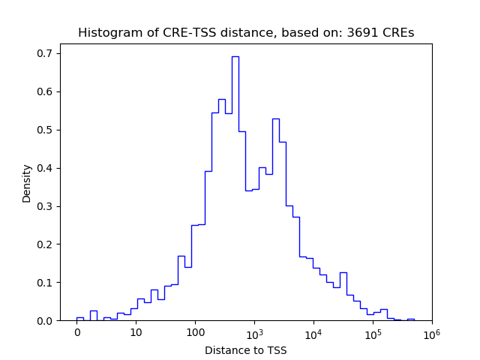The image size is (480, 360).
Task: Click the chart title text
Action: point(246,33)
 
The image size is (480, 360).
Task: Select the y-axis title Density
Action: point(27,183)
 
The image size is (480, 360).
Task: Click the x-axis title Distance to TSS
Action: point(246,350)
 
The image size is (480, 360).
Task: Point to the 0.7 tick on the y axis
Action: point(46,53)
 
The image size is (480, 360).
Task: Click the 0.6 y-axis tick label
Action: point(46,91)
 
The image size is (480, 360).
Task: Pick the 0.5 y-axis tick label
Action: point(46,130)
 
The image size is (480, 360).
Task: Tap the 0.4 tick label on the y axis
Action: point(46,168)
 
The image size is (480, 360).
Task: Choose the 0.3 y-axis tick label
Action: point(46,206)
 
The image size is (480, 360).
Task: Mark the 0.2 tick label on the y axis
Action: point(46,244)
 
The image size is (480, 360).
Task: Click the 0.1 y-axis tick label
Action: point(46,283)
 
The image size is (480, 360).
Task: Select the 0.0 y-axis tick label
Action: point(46,321)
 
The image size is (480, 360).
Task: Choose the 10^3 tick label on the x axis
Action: point(254,332)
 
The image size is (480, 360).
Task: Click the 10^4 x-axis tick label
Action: point(313,332)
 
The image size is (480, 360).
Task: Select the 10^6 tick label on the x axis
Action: point(431,332)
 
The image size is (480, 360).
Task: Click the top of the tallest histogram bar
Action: point(235,56)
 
